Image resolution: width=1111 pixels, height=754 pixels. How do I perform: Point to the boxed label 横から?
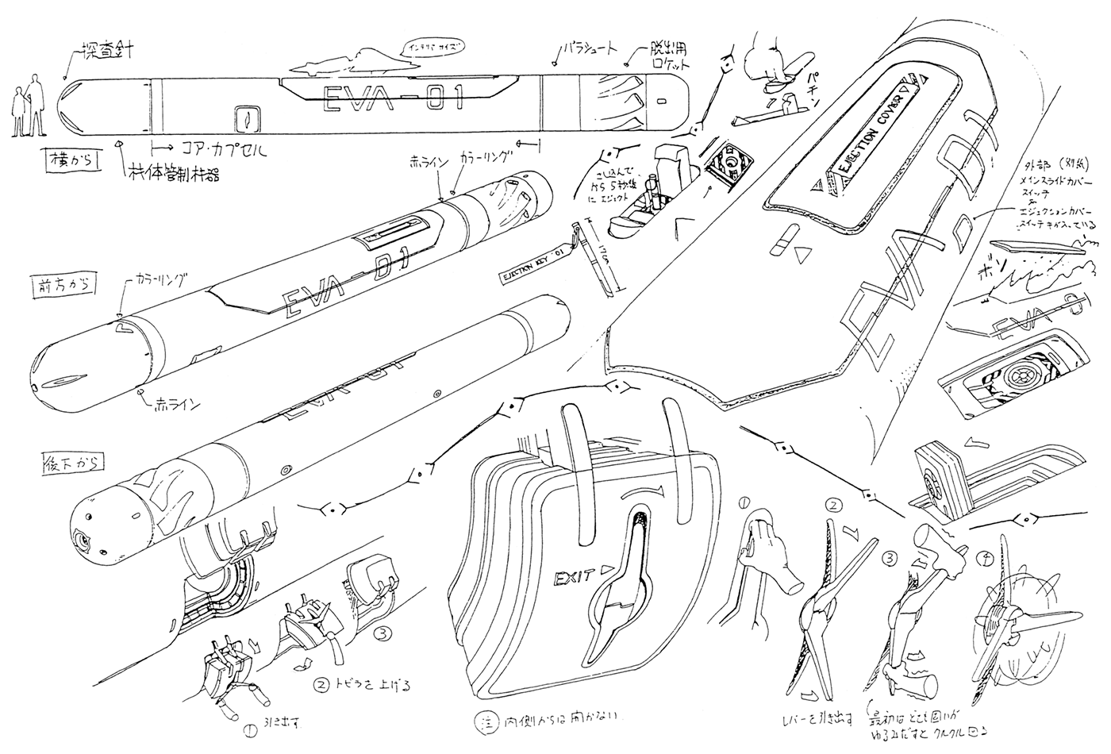point(69,162)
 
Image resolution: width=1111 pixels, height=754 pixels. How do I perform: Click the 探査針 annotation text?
point(107,52)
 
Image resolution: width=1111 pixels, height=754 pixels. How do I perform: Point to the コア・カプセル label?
point(225,148)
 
